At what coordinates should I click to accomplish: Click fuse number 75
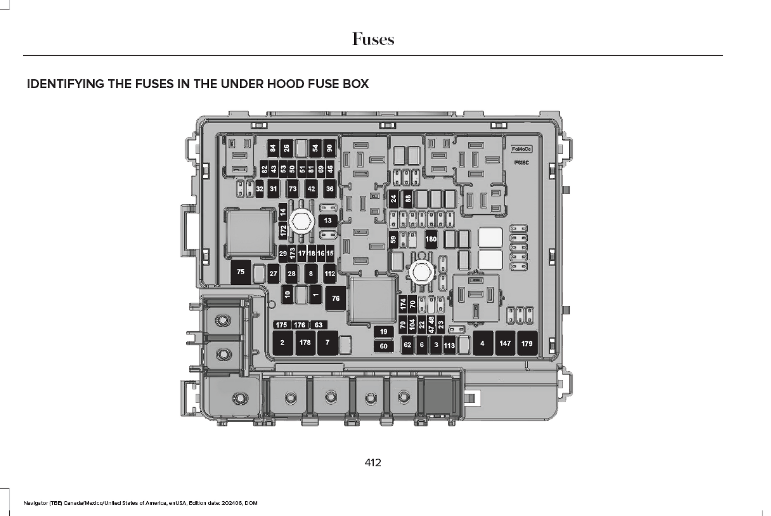[x=240, y=272]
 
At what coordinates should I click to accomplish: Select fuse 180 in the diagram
[x=431, y=239]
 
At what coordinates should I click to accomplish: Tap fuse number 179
[x=527, y=343]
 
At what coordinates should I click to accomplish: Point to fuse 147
[x=505, y=343]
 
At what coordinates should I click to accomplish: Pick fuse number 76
[x=336, y=298]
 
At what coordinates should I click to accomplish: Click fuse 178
[x=305, y=343]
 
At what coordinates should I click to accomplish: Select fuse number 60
[x=384, y=346]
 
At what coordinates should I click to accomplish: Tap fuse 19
[x=384, y=331]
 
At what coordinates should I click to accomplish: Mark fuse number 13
[x=328, y=221]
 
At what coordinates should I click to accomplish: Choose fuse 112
[x=330, y=273]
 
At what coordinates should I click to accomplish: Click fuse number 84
[x=273, y=149]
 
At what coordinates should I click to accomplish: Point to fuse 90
[x=329, y=149]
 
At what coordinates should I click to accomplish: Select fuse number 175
[x=281, y=325]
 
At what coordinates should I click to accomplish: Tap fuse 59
[x=393, y=239]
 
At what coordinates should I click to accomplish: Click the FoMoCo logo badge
[x=521, y=149]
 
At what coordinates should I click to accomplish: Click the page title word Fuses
[x=373, y=39]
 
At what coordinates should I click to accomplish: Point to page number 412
[x=373, y=463]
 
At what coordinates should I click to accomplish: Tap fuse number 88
[x=408, y=198]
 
